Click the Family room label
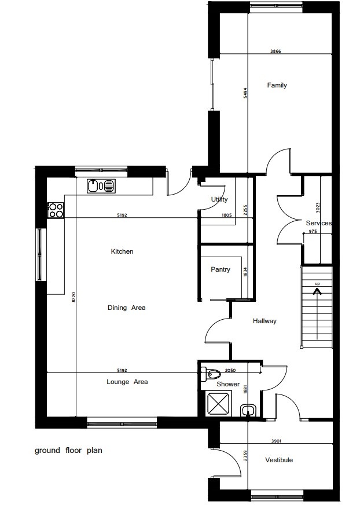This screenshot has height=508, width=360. [x=277, y=85]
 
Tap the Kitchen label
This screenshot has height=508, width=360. [x=122, y=251]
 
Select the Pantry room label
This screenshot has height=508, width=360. [x=221, y=269]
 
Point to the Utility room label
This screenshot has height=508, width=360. [x=219, y=199]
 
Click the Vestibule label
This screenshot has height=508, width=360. [x=279, y=460]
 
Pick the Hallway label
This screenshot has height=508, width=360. [x=265, y=321]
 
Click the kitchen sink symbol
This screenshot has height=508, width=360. [x=101, y=186]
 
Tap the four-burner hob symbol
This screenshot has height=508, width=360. [x=56, y=210]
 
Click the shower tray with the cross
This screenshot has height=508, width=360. [x=219, y=403]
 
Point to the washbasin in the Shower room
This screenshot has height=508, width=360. [x=249, y=410]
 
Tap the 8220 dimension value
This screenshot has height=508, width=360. [x=74, y=297]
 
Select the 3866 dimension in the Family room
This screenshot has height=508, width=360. [x=275, y=51]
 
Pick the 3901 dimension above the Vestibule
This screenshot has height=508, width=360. [x=276, y=441]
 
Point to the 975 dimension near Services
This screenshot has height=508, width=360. [x=313, y=231]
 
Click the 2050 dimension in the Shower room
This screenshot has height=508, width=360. [x=230, y=370]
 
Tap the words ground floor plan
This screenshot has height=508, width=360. [x=69, y=450]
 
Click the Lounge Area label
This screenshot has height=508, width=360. [x=127, y=382]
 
